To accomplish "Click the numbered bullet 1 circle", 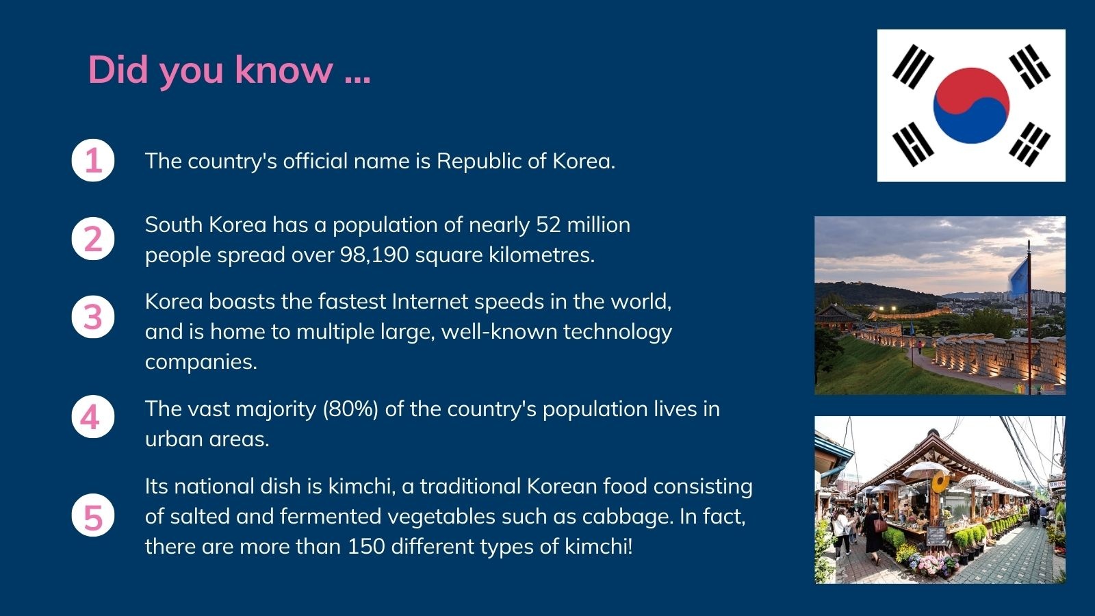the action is (x=93, y=160).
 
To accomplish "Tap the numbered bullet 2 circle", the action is (x=93, y=239).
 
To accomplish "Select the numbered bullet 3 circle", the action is (x=93, y=317).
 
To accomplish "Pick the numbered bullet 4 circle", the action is (x=93, y=417).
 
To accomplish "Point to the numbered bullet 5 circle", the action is (x=93, y=515).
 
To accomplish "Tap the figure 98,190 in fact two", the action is (x=374, y=255).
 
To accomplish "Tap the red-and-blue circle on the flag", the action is (x=971, y=105).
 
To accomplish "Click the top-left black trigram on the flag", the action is (x=913, y=66).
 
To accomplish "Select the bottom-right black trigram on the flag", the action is (x=1029, y=144).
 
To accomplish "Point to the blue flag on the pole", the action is (x=1018, y=277).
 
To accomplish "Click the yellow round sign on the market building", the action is (x=940, y=483).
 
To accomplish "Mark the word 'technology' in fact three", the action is (x=618, y=333).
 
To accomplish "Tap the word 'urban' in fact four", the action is (x=174, y=439).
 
